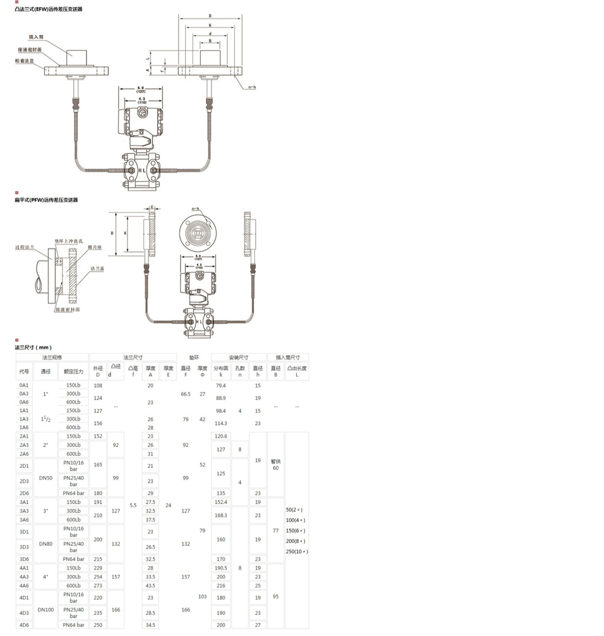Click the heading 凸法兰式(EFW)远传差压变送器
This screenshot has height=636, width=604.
pyautogui.click(x=48, y=9)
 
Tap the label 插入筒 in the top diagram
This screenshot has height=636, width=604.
pyautogui.click(x=36, y=37)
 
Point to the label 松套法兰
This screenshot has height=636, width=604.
pyautogui.click(x=25, y=61)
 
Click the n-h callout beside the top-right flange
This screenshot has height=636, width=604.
pyautogui.click(x=252, y=87)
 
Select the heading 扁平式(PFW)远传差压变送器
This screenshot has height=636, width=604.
pyautogui.click(x=46, y=200)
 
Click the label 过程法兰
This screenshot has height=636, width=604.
pyautogui.click(x=25, y=247)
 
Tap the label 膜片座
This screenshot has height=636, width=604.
pyautogui.click(x=95, y=247)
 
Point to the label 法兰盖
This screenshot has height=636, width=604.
pyautogui.click(x=97, y=268)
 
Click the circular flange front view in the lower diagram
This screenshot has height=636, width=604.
pyautogui.click(x=198, y=233)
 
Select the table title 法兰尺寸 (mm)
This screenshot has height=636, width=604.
pyautogui.click(x=33, y=347)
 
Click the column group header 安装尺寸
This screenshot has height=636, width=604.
pyautogui.click(x=238, y=357)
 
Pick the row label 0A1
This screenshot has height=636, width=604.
pyautogui.click(x=24, y=385)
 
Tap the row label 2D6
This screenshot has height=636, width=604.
pyautogui.click(x=24, y=493)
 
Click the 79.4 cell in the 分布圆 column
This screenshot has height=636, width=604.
pyautogui.click(x=221, y=386)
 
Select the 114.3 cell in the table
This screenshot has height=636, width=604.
pyautogui.click(x=221, y=423)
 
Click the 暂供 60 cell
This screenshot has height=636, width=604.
pyautogui.click(x=276, y=465)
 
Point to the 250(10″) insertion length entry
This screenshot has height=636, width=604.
pyautogui.click(x=297, y=551)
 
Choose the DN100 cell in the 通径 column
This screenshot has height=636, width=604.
pyautogui.click(x=46, y=610)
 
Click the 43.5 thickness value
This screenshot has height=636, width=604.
pyautogui.click(x=150, y=586)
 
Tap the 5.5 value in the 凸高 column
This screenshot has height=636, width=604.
pyautogui.click(x=133, y=505)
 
